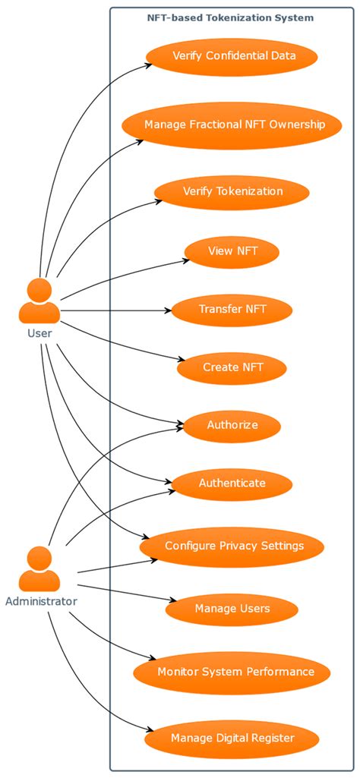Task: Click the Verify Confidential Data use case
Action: [x=231, y=55]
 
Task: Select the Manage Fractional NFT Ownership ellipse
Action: [x=234, y=124]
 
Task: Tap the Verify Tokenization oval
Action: [x=232, y=191]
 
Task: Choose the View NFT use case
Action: [x=232, y=252]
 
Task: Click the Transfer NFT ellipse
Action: [x=232, y=309]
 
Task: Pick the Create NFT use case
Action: [x=232, y=367]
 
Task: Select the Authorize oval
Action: [x=232, y=425]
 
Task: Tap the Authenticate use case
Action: [x=232, y=483]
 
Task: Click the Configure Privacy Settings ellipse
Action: [x=234, y=546]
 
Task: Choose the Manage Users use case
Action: [x=232, y=609]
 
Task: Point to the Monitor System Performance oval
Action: [x=235, y=672]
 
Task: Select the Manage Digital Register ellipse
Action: [x=232, y=737]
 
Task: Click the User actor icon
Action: [x=39, y=301]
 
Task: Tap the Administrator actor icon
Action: [x=39, y=569]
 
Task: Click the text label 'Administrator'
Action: [x=41, y=602]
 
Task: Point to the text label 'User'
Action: [x=39, y=332]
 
